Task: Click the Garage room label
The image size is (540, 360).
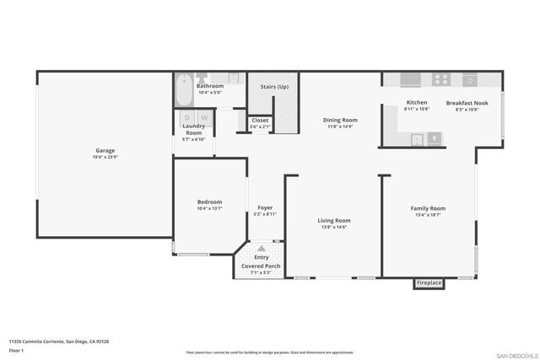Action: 105,150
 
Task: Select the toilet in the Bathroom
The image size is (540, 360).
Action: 236,78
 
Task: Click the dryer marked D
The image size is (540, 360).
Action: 187,117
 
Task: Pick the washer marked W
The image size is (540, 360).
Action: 203,117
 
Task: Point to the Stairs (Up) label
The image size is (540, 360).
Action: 273,86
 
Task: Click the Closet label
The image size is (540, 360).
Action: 260,120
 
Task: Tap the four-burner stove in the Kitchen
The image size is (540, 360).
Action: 440,79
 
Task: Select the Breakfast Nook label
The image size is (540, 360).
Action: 467,103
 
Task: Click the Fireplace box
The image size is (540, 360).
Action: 429,283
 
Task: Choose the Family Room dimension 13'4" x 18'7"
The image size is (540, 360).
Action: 428,216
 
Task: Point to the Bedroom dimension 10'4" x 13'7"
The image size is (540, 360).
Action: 209,208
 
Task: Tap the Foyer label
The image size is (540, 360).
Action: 265,207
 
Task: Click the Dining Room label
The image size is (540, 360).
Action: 340,120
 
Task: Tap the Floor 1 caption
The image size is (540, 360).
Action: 15,349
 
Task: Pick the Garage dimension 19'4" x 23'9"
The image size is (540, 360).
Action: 105,157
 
